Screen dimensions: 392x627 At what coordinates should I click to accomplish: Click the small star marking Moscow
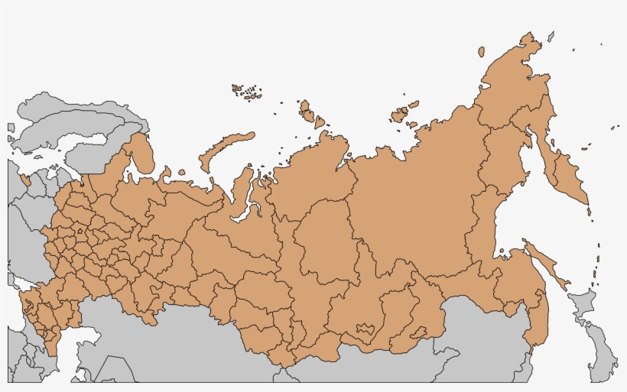pos(79,229)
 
